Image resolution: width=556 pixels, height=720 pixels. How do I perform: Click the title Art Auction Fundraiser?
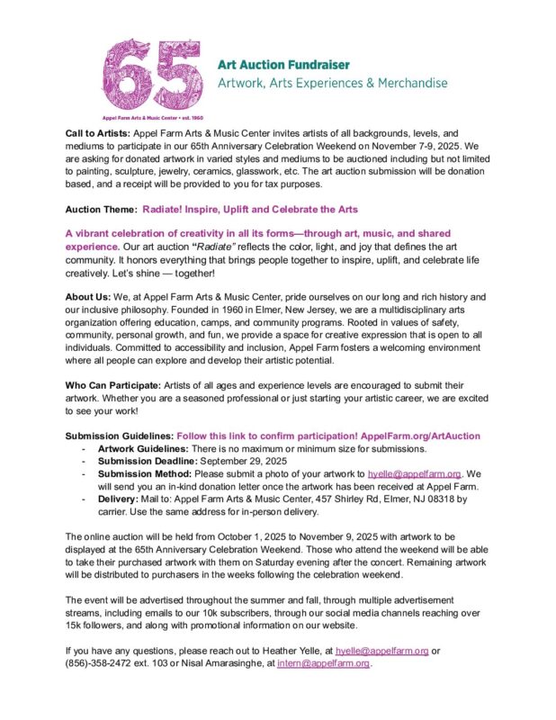[283, 66]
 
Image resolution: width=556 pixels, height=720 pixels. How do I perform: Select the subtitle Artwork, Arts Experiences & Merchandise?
[333, 84]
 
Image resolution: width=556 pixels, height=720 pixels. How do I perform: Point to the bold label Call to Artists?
[97, 132]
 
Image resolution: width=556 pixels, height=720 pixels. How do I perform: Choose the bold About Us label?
[86, 297]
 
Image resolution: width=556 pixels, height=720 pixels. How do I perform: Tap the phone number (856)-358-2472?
[105, 663]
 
